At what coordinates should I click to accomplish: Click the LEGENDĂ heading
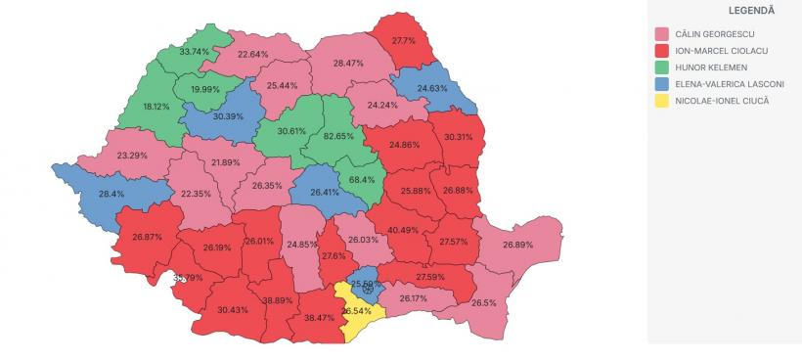[725, 10]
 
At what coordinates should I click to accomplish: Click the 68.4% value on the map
[362, 180]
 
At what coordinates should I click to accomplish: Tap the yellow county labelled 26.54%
[357, 310]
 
